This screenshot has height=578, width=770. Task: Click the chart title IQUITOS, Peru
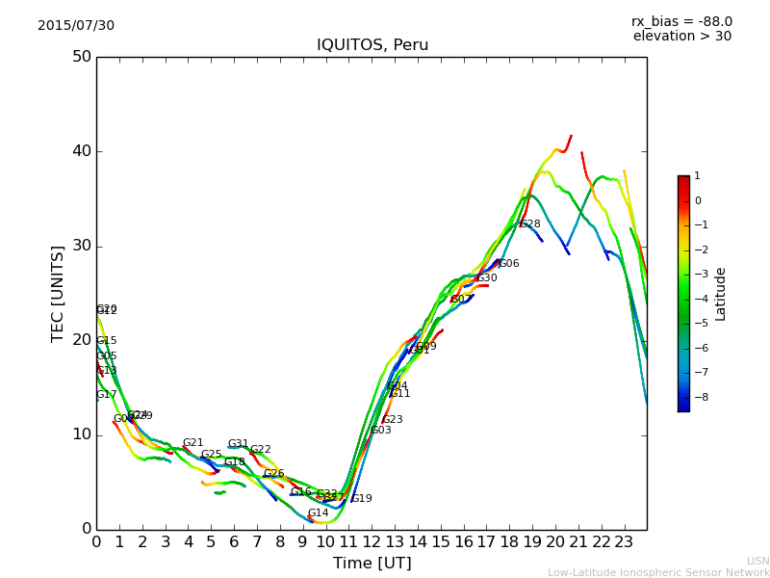pyautogui.click(x=372, y=45)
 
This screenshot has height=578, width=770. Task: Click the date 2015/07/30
pyautogui.click(x=76, y=26)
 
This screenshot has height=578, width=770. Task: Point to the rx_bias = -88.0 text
pyautogui.click(x=681, y=22)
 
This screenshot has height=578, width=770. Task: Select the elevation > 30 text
pyautogui.click(x=682, y=37)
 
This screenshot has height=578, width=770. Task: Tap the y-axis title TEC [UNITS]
pyautogui.click(x=58, y=293)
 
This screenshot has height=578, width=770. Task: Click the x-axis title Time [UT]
pyautogui.click(x=372, y=564)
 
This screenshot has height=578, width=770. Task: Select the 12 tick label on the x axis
pyautogui.click(x=372, y=542)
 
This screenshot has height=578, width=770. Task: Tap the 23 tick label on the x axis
pyautogui.click(x=624, y=542)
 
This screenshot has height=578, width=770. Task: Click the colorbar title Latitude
pyautogui.click(x=721, y=294)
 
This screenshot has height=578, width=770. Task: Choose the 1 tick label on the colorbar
pyautogui.click(x=697, y=176)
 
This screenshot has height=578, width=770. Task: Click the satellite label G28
pyautogui.click(x=529, y=224)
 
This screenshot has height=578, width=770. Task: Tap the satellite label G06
pyautogui.click(x=508, y=264)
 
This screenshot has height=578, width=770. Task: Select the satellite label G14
pyautogui.click(x=318, y=513)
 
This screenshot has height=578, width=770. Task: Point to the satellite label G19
pyautogui.click(x=361, y=499)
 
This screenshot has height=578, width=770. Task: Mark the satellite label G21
pyautogui.click(x=192, y=443)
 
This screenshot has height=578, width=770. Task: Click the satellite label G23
pyautogui.click(x=392, y=420)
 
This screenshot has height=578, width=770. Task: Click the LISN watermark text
pyautogui.click(x=757, y=561)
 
